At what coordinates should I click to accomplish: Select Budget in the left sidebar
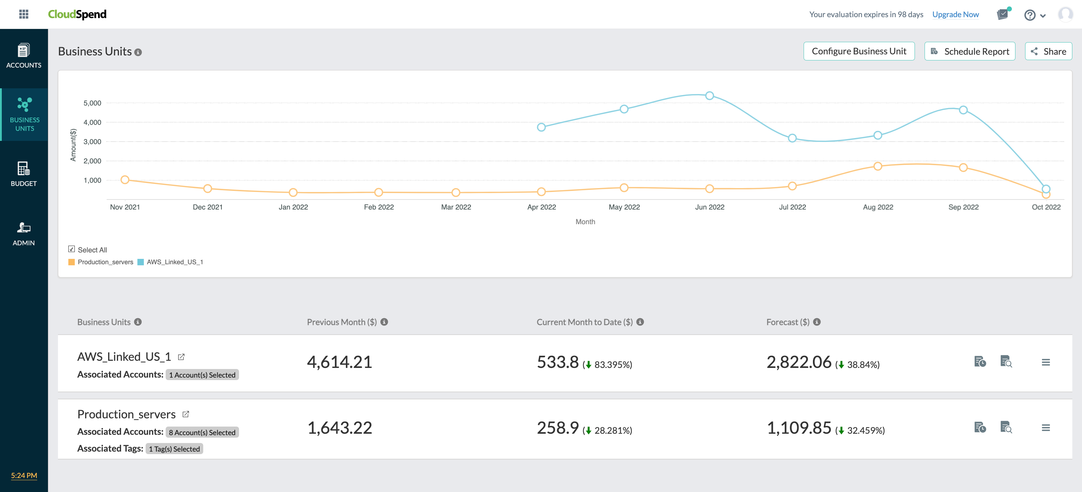[x=24, y=174]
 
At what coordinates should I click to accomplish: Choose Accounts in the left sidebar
[x=24, y=56]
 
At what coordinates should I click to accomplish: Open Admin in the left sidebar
[x=24, y=233]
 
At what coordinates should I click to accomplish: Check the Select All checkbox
[x=72, y=249]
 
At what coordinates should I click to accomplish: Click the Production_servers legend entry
[x=101, y=262]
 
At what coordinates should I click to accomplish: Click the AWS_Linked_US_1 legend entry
[x=171, y=262]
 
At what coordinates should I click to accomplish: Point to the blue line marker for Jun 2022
[x=710, y=96]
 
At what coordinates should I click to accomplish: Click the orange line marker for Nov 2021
[x=125, y=179]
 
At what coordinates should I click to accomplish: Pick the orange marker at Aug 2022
[x=877, y=166]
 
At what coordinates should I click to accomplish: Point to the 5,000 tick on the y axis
[x=92, y=103]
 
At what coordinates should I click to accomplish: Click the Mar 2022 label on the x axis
[x=456, y=207]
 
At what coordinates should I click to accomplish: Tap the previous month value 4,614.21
[x=340, y=362]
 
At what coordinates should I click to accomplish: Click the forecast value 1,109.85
[x=799, y=428]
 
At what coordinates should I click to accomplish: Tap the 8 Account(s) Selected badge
[x=202, y=432]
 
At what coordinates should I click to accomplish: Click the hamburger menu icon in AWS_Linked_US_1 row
[x=1046, y=362]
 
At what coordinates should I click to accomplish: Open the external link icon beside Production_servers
[x=186, y=414]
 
